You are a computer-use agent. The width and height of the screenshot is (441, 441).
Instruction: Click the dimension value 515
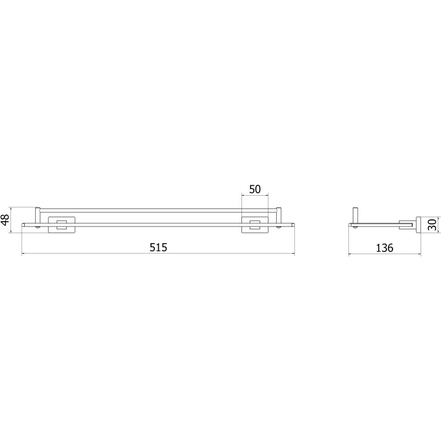158,247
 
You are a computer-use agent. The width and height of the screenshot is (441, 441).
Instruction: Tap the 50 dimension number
255,189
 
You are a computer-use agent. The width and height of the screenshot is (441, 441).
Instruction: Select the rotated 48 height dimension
6,219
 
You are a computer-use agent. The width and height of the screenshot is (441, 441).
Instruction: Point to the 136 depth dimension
384,248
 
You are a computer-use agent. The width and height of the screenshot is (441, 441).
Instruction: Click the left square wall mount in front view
62,225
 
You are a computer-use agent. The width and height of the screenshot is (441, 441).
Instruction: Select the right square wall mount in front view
255,225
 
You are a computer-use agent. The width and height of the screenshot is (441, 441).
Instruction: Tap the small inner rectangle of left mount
62,225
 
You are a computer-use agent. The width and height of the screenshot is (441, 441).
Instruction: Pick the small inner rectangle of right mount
255,225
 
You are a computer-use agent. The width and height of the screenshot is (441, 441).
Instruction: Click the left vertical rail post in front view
37,215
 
